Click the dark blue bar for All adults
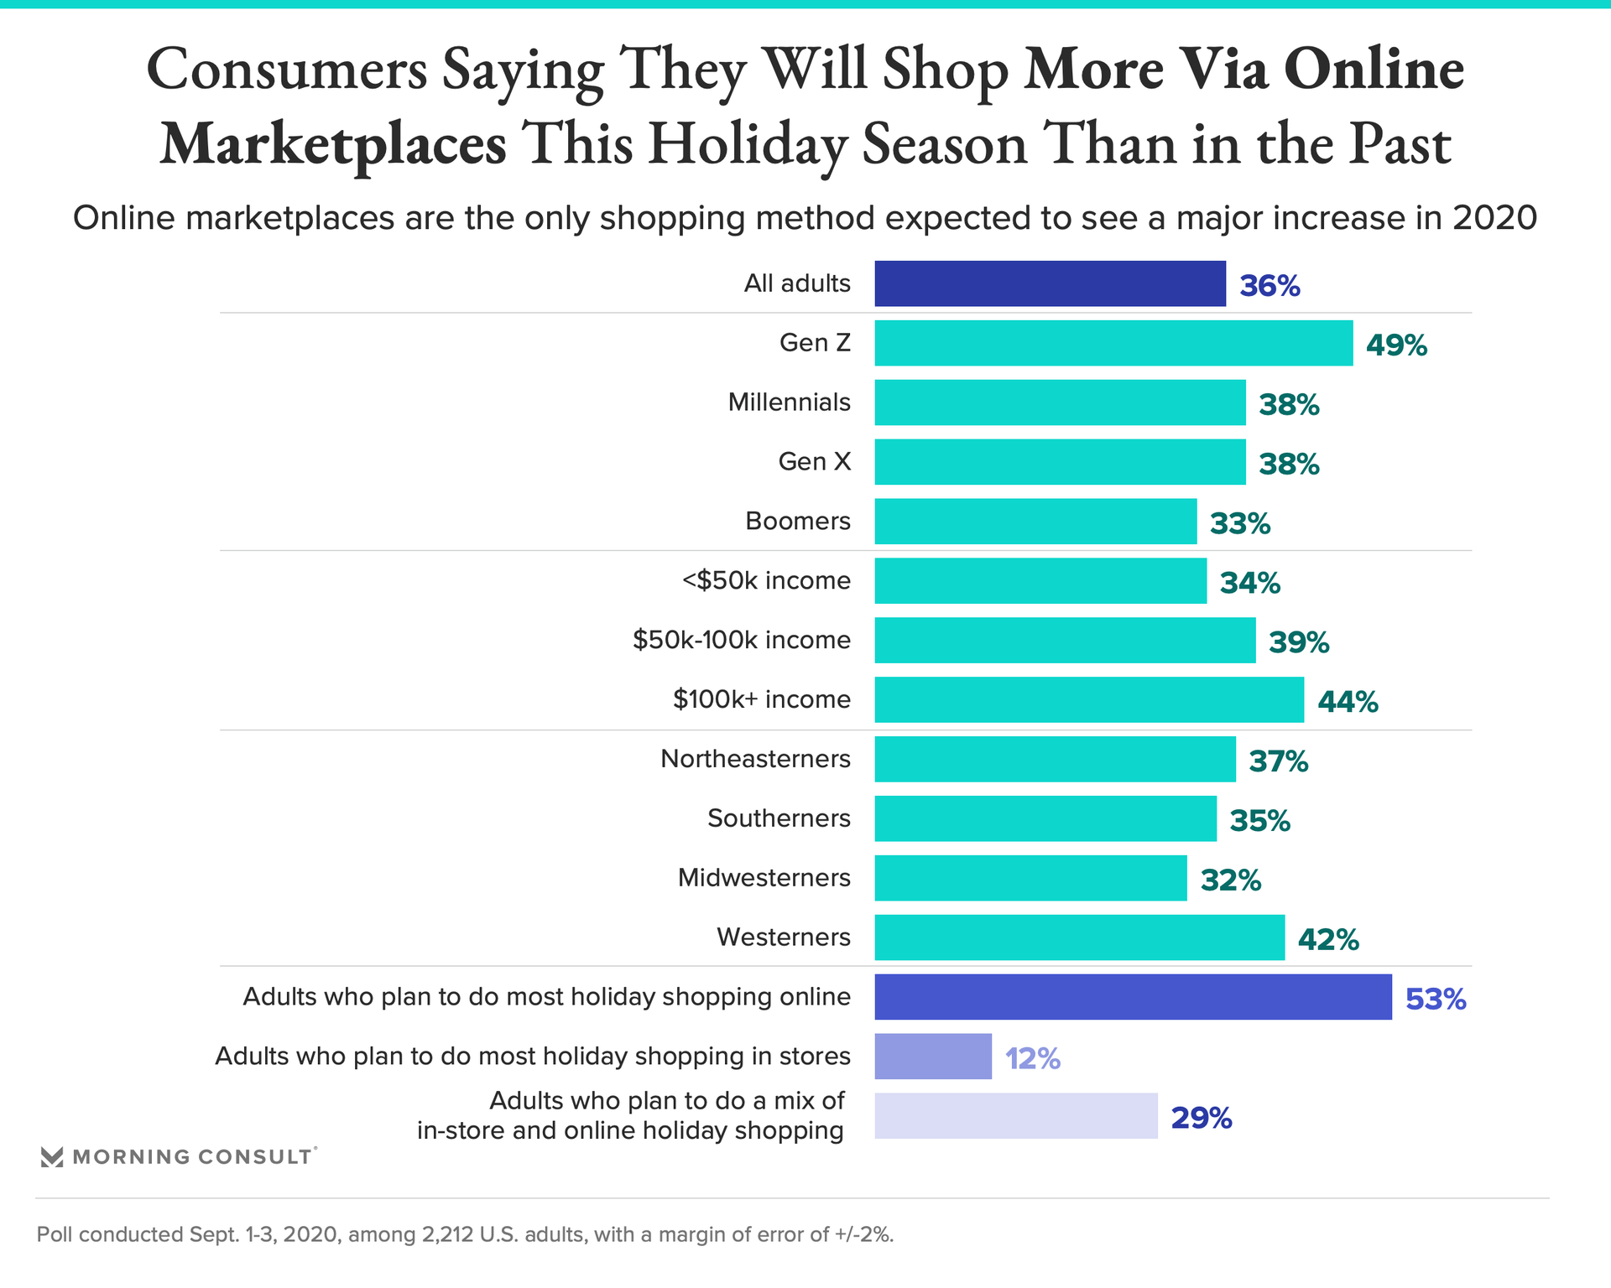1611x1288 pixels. coord(1050,283)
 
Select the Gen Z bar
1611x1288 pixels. coord(1113,343)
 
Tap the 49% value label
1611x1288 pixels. coord(1396,345)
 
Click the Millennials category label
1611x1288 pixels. coord(789,402)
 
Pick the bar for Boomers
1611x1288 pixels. coord(1035,522)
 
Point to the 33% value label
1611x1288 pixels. coord(1239,523)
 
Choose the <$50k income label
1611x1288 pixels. coord(766,580)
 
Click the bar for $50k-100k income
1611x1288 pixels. coord(1065,641)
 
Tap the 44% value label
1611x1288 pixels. coord(1348,701)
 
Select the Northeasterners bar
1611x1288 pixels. coord(1055,760)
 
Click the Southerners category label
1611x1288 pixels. coord(779,818)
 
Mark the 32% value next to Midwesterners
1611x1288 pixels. coord(1230,880)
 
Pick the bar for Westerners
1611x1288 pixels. coord(1079,937)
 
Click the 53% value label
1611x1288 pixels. coord(1436,999)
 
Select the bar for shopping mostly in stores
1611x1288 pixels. coord(933,1057)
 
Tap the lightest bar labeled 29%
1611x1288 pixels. coord(1015,1116)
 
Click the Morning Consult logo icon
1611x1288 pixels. coord(52,1157)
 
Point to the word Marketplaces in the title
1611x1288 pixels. coord(333,144)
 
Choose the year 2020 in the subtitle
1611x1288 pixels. coord(1494,218)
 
